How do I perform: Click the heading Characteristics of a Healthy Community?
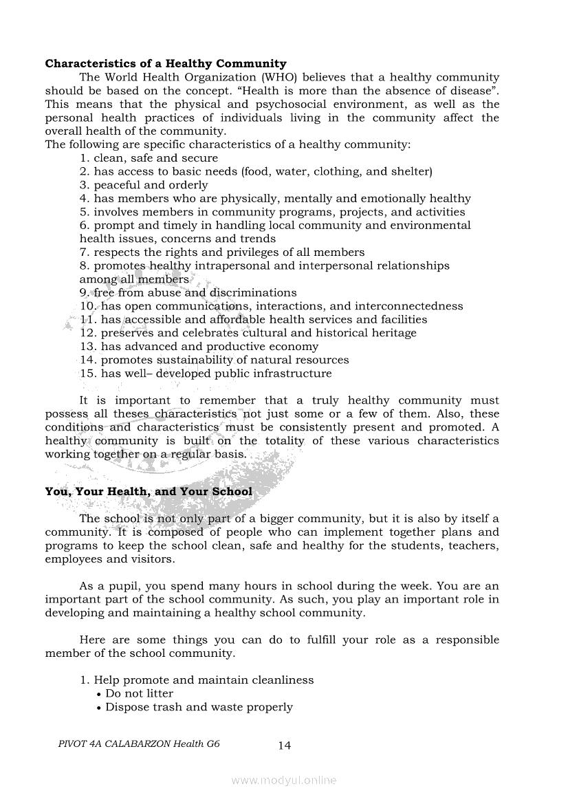pyautogui.click(x=166, y=64)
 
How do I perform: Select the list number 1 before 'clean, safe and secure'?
pyautogui.click(x=84, y=158)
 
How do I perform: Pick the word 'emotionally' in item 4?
pyautogui.click(x=394, y=199)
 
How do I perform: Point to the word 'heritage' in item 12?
pyautogui.click(x=393, y=333)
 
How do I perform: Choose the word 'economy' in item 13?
pyautogui.click(x=296, y=347)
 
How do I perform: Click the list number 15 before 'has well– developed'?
pyautogui.click(x=87, y=373)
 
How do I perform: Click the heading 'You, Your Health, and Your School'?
pyautogui.click(x=149, y=492)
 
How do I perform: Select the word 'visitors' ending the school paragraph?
pyautogui.click(x=151, y=559)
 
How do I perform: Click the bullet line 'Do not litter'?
pyautogui.click(x=139, y=693)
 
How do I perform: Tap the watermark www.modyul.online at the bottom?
pyautogui.click(x=284, y=780)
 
